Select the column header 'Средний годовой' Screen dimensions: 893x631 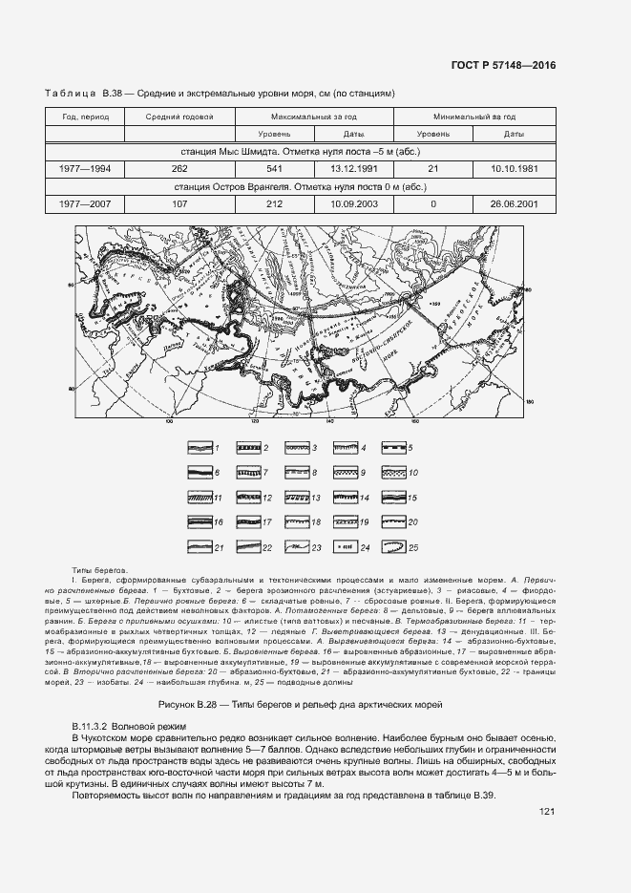[x=179, y=117]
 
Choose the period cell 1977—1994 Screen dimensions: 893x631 [x=86, y=168]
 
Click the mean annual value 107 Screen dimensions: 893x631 [x=179, y=203]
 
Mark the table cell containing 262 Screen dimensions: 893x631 [x=179, y=168]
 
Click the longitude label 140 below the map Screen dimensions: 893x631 [x=329, y=420]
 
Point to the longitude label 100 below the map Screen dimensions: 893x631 [x=170, y=420]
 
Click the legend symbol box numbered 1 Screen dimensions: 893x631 [x=198, y=447]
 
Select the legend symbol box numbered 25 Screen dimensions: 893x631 [x=392, y=547]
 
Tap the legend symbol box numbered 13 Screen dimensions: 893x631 [x=295, y=498]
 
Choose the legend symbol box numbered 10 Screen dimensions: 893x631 [x=392, y=472]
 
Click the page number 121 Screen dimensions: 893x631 [x=547, y=812]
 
